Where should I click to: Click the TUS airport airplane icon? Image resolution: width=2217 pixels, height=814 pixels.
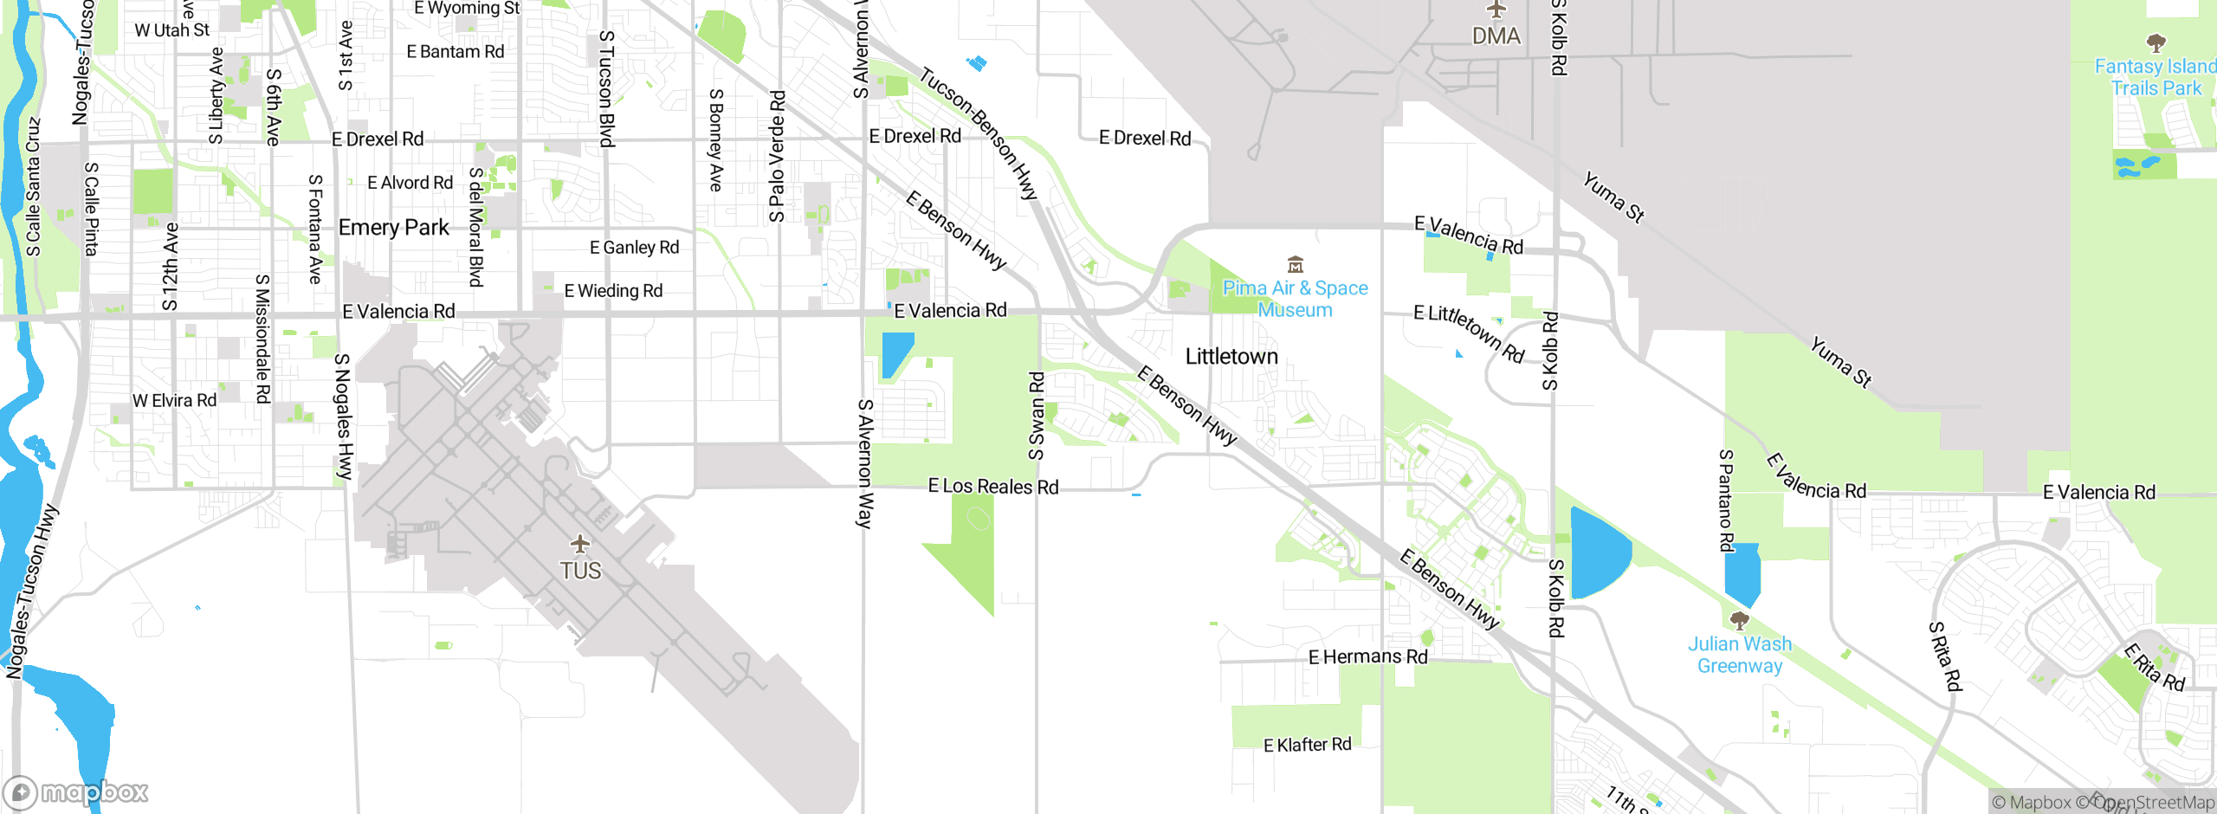pos(579,545)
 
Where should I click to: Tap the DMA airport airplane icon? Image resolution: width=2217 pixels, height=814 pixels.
pos(1496,10)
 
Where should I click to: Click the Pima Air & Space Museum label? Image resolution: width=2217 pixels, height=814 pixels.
pos(1295,299)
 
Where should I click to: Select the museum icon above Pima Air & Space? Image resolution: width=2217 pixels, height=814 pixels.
pos(1295,264)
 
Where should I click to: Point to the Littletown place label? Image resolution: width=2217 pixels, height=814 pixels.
pos(1231,357)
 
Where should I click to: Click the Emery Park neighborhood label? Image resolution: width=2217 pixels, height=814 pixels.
pos(394,228)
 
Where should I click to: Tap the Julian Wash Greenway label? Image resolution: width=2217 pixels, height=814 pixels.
pos(1739,655)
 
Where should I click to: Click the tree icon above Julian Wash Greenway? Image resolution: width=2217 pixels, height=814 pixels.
pos(1739,620)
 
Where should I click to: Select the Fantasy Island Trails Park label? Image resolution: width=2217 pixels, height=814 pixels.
pos(2155,77)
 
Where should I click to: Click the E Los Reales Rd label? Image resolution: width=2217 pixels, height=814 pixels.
pos(992,487)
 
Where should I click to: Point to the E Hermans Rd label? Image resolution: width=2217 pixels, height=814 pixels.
pos(1367,657)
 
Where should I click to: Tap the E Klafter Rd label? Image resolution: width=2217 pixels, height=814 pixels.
pos(1307,745)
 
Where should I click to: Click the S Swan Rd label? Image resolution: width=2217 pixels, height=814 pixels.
pos(1037,416)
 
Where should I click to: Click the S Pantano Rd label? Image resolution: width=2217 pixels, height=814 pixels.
pos(1726,501)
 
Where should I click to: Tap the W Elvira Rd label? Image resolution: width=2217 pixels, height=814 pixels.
pos(174,401)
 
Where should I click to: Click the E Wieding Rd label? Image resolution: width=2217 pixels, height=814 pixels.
pos(613,291)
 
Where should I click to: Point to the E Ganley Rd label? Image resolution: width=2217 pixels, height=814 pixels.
pos(634,248)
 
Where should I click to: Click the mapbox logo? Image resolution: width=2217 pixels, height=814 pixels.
pos(76,791)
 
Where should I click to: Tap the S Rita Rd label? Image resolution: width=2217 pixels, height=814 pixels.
pos(1945,656)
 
